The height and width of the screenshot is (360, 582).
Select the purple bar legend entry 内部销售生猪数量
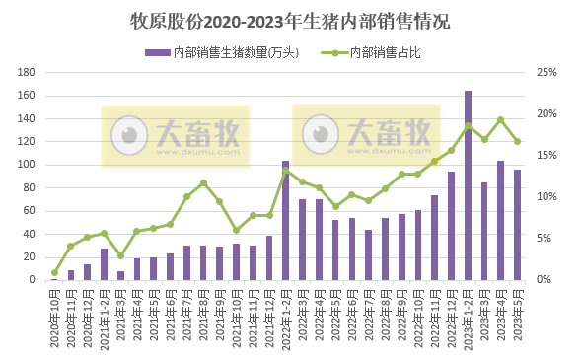(x=221, y=52)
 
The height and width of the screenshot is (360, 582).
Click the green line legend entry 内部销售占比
(x=385, y=52)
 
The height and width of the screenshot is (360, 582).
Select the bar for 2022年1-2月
(x=285, y=220)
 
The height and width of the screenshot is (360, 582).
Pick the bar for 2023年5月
(x=517, y=225)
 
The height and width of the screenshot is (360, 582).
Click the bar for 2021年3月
(x=120, y=275)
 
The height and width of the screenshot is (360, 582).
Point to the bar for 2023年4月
(x=500, y=220)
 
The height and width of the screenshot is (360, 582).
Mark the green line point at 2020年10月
(x=54, y=272)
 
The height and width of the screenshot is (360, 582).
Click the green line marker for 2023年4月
(x=500, y=119)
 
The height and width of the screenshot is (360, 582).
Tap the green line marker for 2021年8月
(x=203, y=183)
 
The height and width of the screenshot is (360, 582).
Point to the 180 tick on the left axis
(x=28, y=73)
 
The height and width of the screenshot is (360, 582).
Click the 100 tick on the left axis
(x=28, y=165)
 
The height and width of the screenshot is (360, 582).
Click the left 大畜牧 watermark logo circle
(x=127, y=136)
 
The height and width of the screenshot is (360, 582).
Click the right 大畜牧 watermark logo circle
(x=321, y=133)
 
